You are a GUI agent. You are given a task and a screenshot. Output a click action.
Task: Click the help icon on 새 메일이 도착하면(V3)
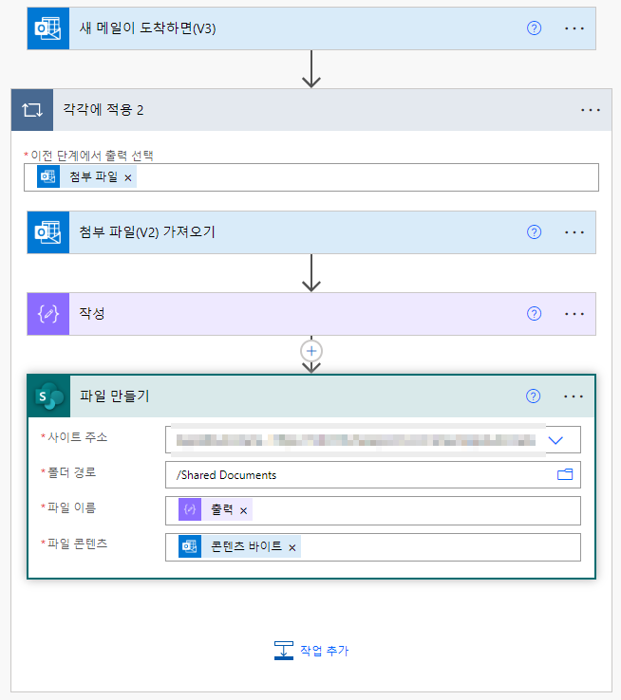(x=534, y=28)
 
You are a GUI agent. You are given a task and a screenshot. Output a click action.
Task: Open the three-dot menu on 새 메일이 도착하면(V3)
(x=574, y=28)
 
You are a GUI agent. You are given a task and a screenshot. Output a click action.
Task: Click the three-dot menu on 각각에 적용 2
(x=591, y=110)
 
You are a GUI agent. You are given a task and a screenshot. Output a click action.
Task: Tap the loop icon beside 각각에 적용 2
(x=32, y=110)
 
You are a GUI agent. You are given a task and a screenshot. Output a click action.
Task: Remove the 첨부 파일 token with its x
(x=128, y=177)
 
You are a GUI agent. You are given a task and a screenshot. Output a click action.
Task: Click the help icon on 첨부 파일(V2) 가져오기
(x=534, y=232)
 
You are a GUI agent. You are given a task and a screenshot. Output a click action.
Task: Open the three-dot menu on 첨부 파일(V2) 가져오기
(x=574, y=232)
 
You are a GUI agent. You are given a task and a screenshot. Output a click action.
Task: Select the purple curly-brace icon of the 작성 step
(x=48, y=314)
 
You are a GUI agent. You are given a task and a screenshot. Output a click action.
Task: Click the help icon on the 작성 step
(x=534, y=314)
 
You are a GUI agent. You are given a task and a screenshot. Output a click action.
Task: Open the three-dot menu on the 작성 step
(x=574, y=314)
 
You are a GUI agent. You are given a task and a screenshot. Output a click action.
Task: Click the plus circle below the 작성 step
(x=310, y=351)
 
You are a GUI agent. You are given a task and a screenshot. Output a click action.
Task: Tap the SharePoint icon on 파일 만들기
(x=48, y=396)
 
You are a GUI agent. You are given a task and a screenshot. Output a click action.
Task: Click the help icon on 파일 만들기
(x=534, y=396)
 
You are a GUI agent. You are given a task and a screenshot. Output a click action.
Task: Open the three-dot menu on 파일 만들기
(x=574, y=396)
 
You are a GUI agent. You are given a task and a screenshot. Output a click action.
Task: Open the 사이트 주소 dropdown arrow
(x=556, y=440)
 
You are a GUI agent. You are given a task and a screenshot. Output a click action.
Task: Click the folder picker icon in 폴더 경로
(x=565, y=474)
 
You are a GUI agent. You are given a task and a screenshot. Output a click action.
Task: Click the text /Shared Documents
(x=226, y=475)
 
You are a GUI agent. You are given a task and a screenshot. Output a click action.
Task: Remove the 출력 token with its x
(x=243, y=511)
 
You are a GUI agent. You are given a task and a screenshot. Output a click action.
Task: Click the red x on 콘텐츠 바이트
(x=292, y=547)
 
